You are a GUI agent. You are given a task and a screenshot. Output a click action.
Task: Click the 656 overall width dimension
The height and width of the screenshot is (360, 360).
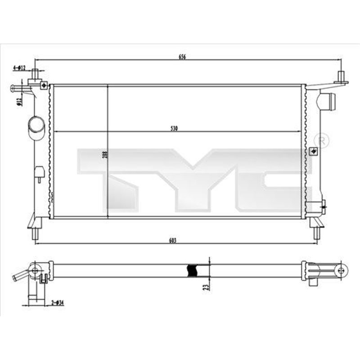(x=182, y=57)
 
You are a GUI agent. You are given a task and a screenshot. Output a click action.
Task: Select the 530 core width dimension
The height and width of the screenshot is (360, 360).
(x=175, y=129)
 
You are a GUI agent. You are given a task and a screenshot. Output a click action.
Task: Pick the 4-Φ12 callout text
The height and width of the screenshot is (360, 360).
(x=19, y=68)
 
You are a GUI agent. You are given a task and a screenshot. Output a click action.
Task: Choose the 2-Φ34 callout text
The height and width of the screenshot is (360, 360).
(x=58, y=302)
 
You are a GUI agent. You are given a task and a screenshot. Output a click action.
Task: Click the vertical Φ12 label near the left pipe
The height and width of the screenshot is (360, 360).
(x=19, y=102)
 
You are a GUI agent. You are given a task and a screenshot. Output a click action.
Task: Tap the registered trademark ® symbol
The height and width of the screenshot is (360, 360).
(x=322, y=140)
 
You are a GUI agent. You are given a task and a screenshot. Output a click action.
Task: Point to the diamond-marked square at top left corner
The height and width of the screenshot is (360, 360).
(x=44, y=84)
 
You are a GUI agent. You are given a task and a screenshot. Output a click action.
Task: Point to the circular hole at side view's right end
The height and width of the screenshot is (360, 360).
(x=341, y=270)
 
